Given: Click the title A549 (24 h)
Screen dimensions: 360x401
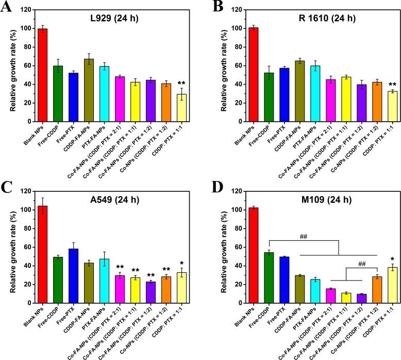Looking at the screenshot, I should (111, 200).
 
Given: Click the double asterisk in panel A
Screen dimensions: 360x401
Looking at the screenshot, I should (181, 83).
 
